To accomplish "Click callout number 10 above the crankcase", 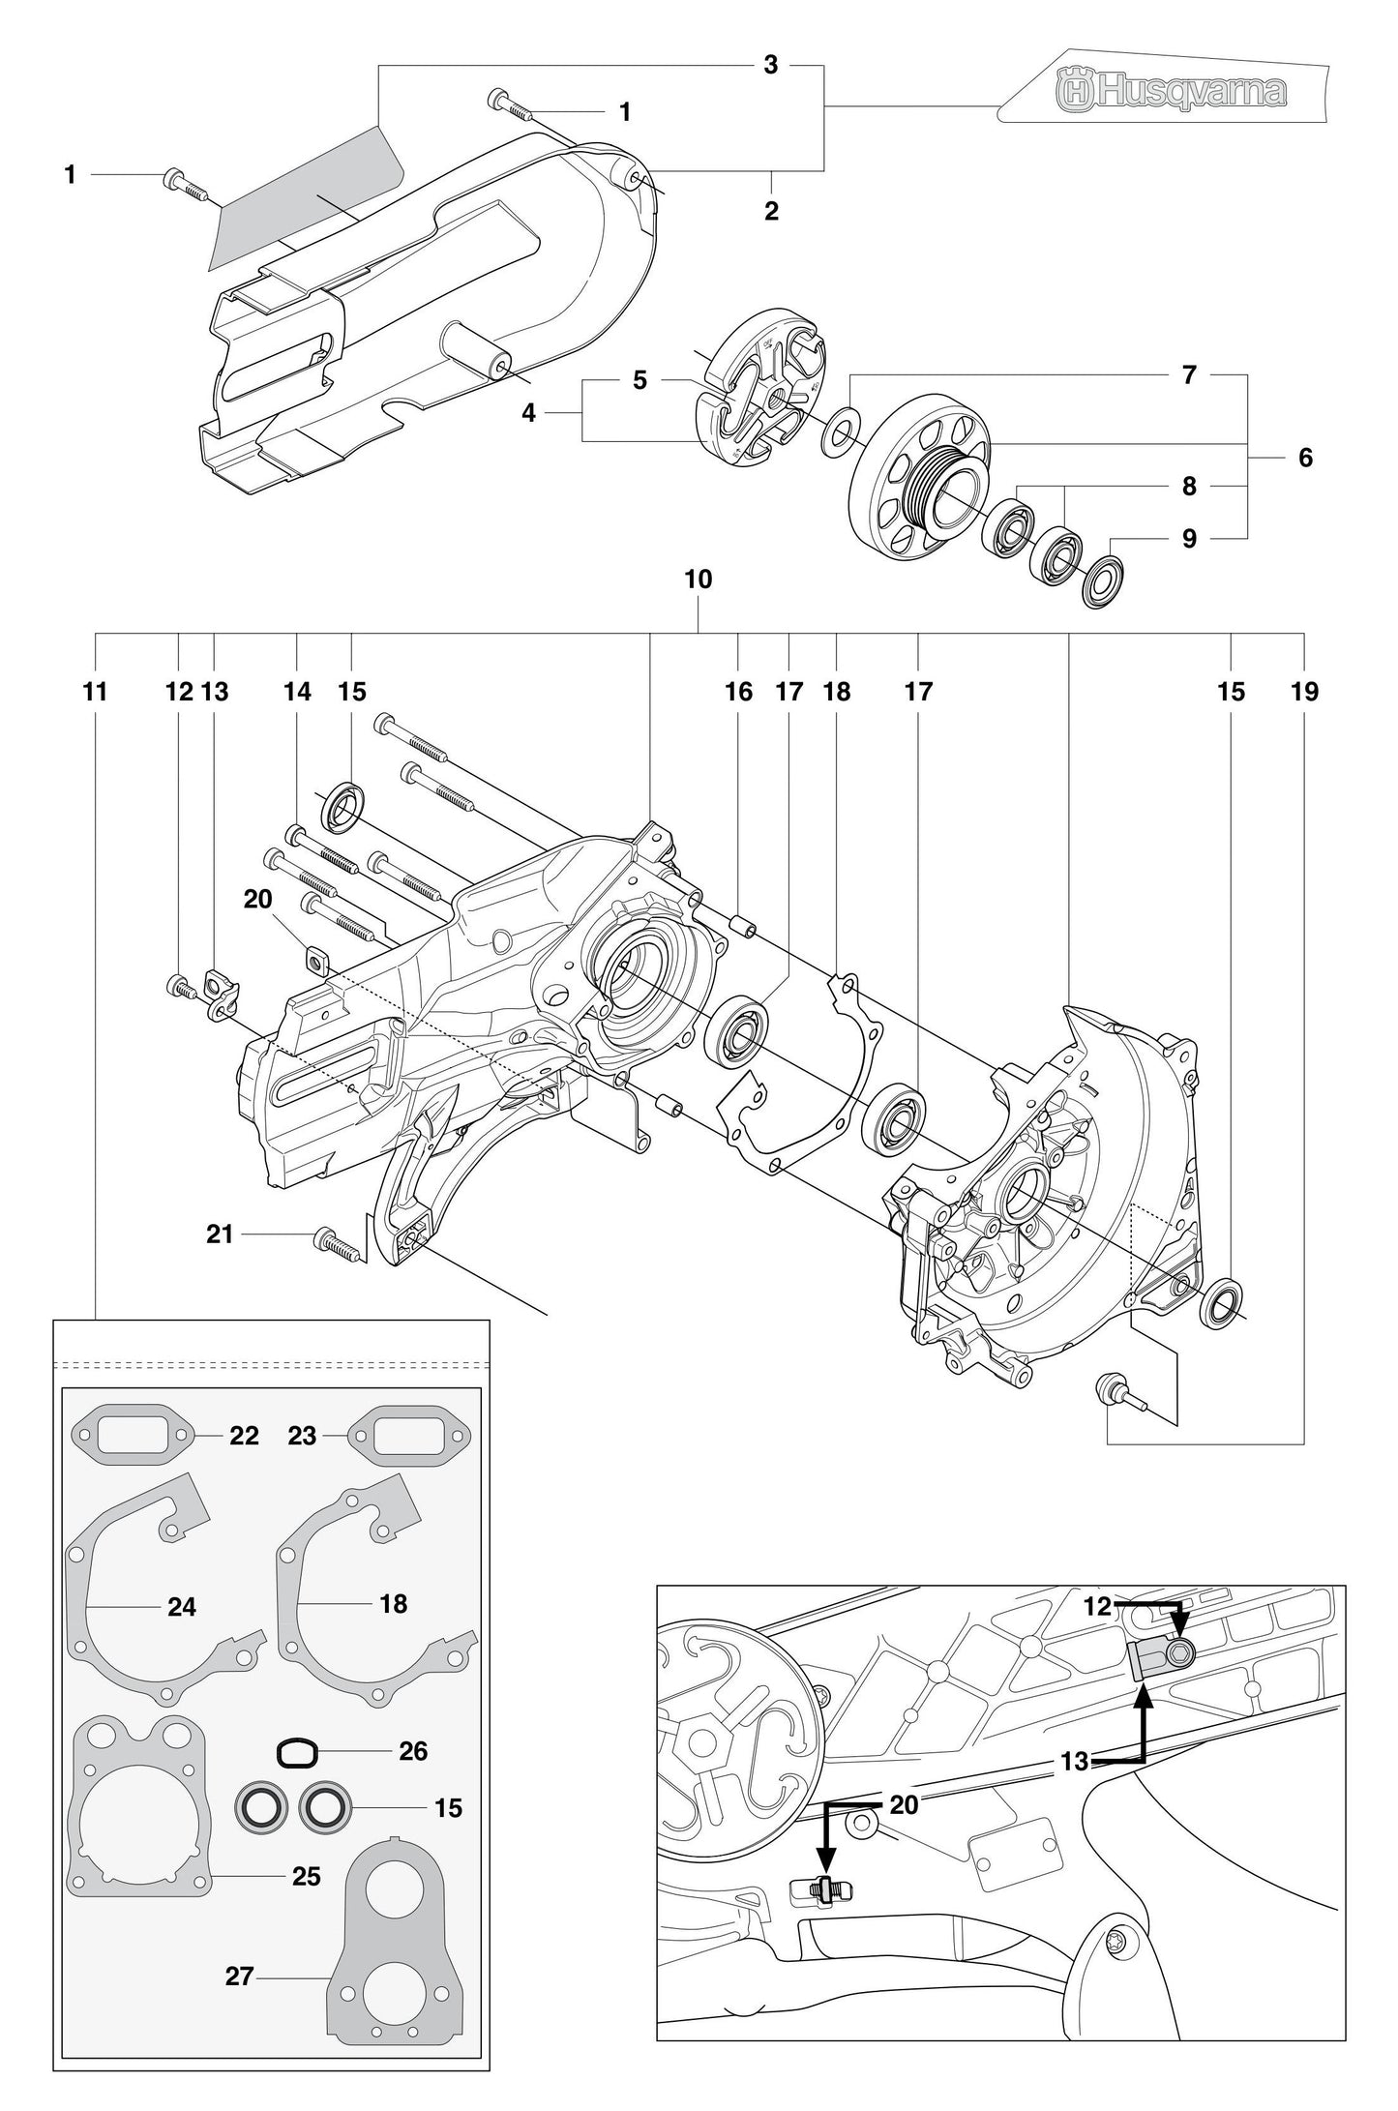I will pos(698,580).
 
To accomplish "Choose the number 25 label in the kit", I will pos(306,1876).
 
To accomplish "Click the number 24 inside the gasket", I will pos(182,1607).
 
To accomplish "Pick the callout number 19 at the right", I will pos(1303,692).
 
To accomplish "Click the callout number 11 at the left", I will pos(95,692).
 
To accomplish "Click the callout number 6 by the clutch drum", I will pos(1305,458).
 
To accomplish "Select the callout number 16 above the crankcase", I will pos(738,692).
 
